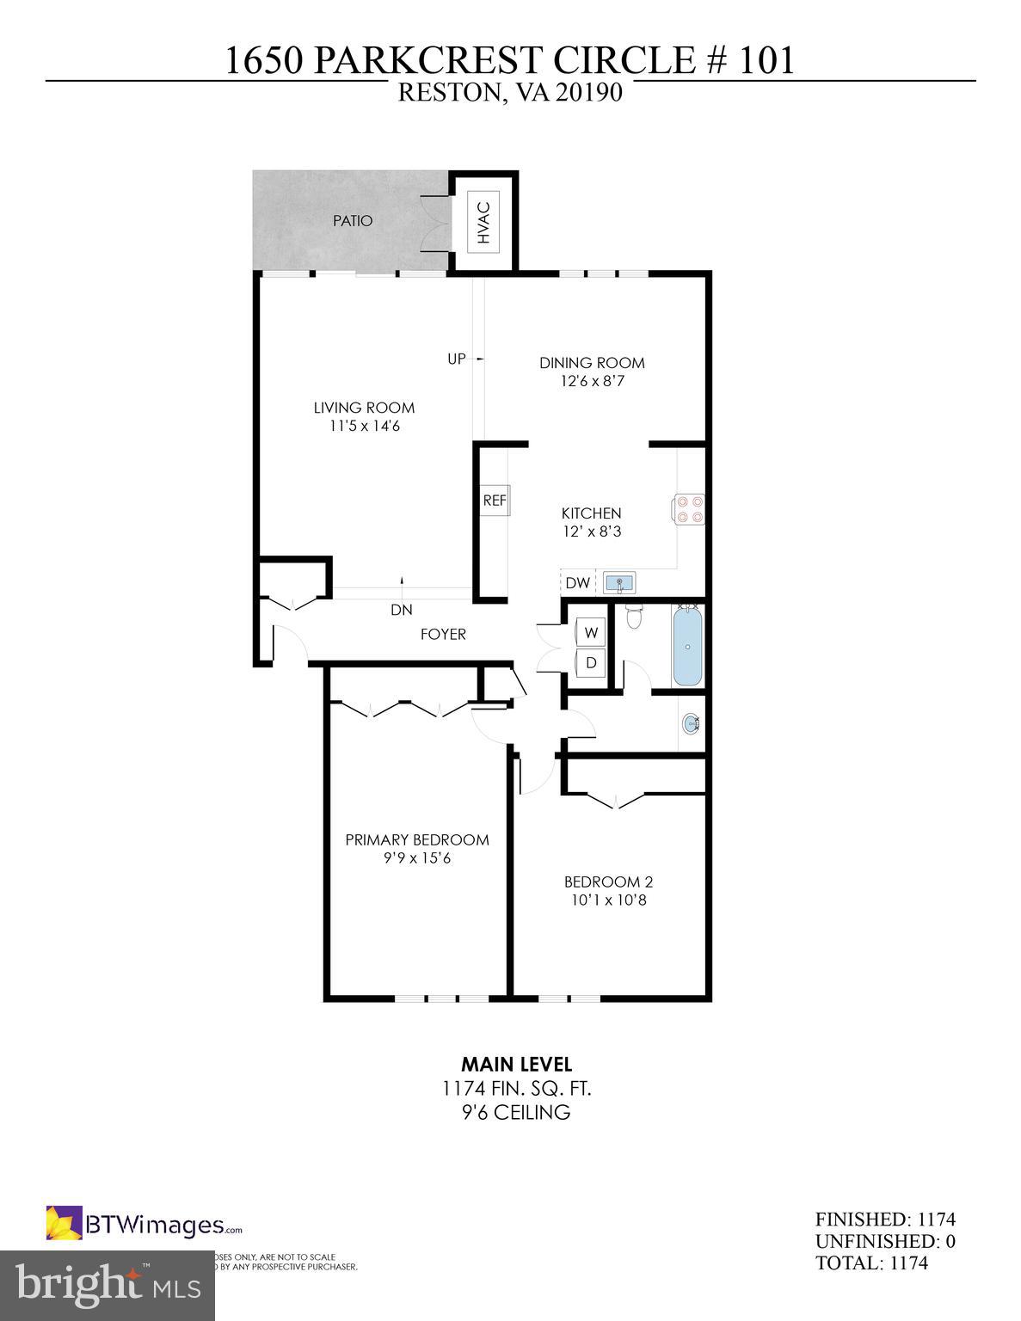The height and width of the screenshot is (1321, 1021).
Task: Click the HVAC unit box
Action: [483, 222]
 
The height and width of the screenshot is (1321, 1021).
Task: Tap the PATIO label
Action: [353, 221]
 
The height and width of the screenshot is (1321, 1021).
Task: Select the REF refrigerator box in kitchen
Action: [495, 501]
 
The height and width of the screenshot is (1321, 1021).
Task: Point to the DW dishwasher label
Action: [578, 583]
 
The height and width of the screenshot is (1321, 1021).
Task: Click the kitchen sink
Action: [618, 583]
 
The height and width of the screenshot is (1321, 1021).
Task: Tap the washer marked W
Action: [591, 633]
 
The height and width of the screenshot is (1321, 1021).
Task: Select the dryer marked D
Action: [591, 663]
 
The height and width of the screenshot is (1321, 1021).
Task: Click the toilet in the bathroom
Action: [635, 616]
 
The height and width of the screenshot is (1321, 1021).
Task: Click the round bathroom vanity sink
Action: [692, 723]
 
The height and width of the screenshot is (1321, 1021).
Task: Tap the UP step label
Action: [457, 359]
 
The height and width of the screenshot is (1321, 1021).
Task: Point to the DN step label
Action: [402, 610]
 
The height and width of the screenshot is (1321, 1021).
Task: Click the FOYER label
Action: [443, 635]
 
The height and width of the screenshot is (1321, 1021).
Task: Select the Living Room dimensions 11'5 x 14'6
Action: [364, 426]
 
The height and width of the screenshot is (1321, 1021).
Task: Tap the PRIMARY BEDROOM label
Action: [417, 839]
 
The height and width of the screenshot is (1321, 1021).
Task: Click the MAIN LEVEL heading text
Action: [516, 1065]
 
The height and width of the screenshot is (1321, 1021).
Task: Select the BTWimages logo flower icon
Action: [64, 1224]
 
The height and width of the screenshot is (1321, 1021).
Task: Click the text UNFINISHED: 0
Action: [885, 1241]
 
